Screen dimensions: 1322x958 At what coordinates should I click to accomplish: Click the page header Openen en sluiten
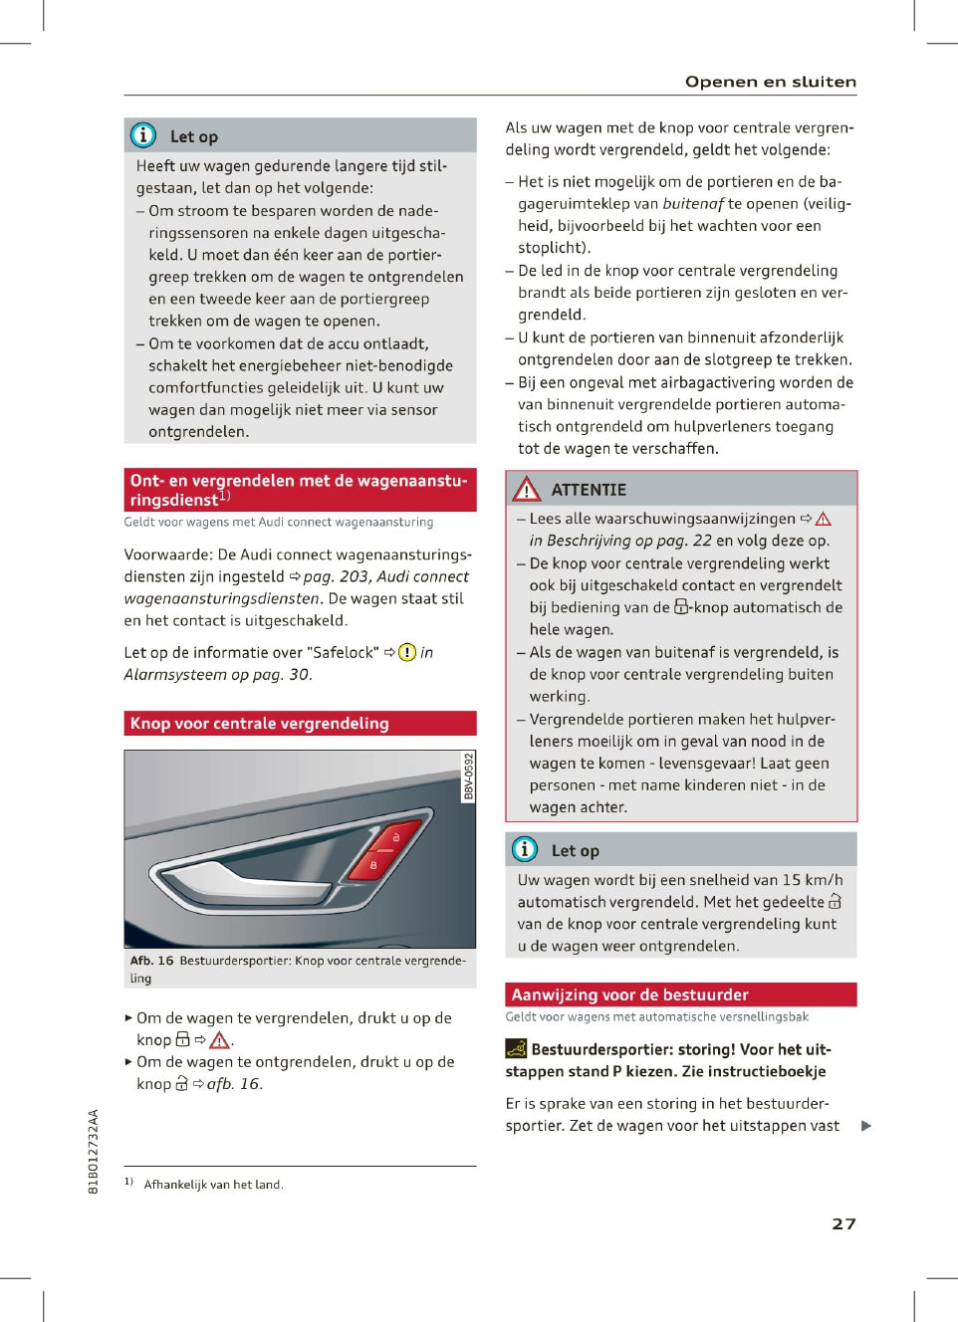point(770,82)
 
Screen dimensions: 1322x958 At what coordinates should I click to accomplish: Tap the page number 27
point(843,1223)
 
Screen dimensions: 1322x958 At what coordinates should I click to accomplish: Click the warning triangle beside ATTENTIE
point(526,489)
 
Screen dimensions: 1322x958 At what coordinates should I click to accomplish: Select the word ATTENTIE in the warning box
point(589,490)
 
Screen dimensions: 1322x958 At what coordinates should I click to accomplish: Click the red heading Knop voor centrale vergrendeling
point(259,724)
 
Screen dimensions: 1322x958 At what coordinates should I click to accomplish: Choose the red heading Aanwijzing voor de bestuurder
point(629,994)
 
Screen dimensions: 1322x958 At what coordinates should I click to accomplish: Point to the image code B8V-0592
point(468,776)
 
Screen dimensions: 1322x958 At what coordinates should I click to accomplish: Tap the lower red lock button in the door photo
point(373,865)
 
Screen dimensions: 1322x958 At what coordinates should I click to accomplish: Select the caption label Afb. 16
point(151,961)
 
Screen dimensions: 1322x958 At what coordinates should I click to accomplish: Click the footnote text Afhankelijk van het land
point(213,1185)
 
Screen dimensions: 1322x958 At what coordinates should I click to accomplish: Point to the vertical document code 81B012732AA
point(94,1151)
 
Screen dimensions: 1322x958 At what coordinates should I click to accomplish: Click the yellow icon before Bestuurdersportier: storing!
point(516,1048)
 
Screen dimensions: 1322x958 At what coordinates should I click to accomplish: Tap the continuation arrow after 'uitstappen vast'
point(865,1126)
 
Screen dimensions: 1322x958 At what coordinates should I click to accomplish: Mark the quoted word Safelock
point(344,653)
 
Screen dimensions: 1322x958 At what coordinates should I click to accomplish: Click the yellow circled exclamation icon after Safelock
point(406,653)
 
